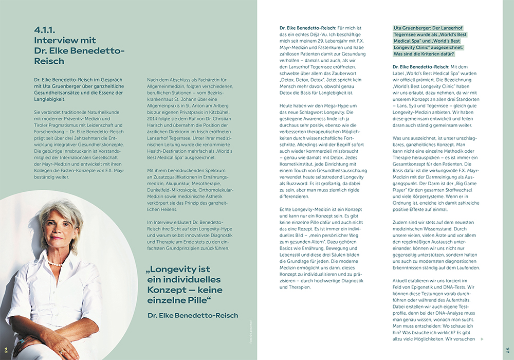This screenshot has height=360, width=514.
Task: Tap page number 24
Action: pyautogui.click(x=7, y=350)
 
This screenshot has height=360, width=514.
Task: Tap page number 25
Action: pyautogui.click(x=507, y=350)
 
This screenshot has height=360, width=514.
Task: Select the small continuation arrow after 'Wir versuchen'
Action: pyautogui.click(x=482, y=339)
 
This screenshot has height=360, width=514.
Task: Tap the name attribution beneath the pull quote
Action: pyautogui.click(x=193, y=315)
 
